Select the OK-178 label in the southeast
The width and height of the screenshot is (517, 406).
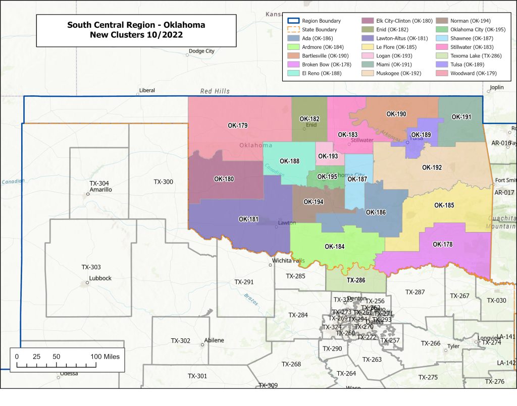pyautogui.click(x=443, y=245)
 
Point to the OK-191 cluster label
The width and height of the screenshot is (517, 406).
pyautogui.click(x=461, y=117)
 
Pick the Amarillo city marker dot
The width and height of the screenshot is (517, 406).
pyautogui.click(x=88, y=194)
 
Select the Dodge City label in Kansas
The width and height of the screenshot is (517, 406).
pyautogui.click(x=201, y=51)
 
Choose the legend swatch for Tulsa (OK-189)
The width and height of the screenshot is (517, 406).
pyautogui.click(x=442, y=64)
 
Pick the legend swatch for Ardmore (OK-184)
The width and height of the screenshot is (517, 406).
pyautogui.click(x=294, y=47)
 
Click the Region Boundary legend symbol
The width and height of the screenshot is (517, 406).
pyautogui.click(x=294, y=21)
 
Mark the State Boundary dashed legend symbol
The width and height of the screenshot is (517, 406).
pyautogui.click(x=294, y=30)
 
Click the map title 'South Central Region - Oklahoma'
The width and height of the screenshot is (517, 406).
pyautogui.click(x=136, y=25)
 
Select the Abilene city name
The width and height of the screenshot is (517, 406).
pyautogui.click(x=214, y=340)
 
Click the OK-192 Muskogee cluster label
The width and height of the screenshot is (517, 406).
pyautogui.click(x=432, y=167)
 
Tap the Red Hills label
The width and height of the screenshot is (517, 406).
pyautogui.click(x=215, y=91)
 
